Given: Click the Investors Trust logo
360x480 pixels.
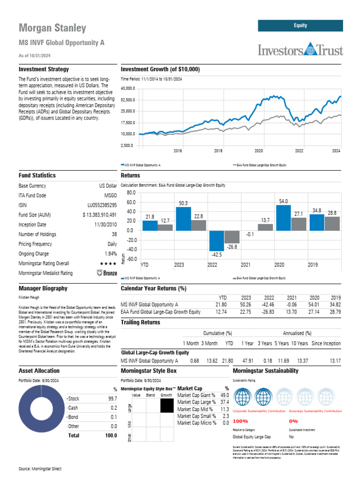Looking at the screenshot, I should pyautogui.click(x=300, y=49).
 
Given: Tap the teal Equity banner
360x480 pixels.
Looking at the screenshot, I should pyautogui.click(x=300, y=25).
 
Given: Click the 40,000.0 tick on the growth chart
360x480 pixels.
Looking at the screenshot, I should pyautogui.click(x=127, y=88).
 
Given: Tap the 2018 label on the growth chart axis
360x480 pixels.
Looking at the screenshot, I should pyautogui.click(x=218, y=150).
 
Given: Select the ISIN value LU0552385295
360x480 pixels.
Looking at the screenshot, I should pyautogui.click(x=102, y=205).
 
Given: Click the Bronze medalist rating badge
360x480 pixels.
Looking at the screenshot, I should pyautogui.click(x=106, y=273).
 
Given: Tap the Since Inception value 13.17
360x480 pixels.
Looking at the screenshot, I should pyautogui.click(x=335, y=361).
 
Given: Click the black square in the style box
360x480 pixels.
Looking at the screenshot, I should pyautogui.click(x=166, y=406).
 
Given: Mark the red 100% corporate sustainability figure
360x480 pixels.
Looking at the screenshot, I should pyautogui.click(x=240, y=421).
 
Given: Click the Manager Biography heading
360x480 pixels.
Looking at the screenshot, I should pyautogui.click(x=43, y=289).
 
